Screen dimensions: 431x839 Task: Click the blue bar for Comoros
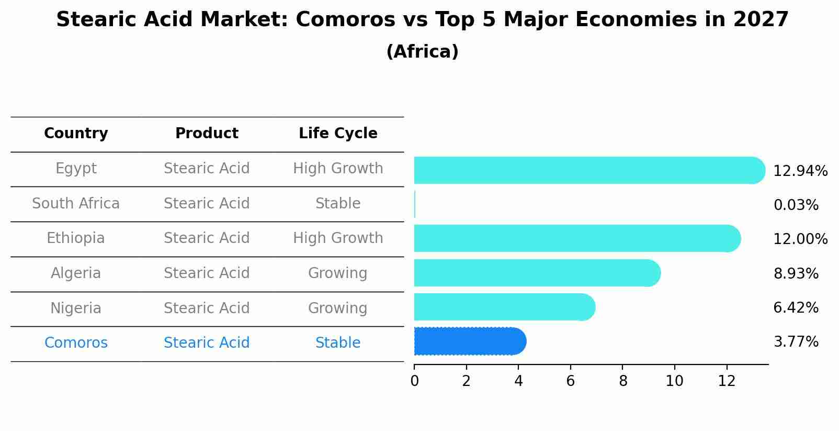pyautogui.click(x=470, y=341)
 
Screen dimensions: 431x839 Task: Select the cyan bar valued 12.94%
pyautogui.click(x=589, y=170)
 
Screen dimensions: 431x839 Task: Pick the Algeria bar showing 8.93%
pyautogui.click(x=537, y=273)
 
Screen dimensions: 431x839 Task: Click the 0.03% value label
pyautogui.click(x=796, y=205)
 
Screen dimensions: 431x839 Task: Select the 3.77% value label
pyautogui.click(x=796, y=342)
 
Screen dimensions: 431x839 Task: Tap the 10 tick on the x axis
pyautogui.click(x=674, y=381)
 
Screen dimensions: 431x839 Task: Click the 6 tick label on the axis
pyautogui.click(x=570, y=381)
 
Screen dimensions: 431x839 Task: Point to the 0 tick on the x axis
pyautogui.click(x=414, y=381)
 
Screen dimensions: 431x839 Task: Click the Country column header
pyautogui.click(x=76, y=134)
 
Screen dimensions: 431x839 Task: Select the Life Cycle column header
pyautogui.click(x=338, y=134)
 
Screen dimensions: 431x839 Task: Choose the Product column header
pyautogui.click(x=207, y=134)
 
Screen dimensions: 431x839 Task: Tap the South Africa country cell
pyautogui.click(x=76, y=203)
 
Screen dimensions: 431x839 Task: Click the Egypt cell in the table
pyautogui.click(x=76, y=169)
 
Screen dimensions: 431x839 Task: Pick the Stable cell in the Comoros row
pyautogui.click(x=338, y=343)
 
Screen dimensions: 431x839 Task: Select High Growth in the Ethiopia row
pyautogui.click(x=338, y=238)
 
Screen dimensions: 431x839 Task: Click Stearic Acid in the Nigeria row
pyautogui.click(x=207, y=308)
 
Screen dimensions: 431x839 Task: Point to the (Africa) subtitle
pyautogui.click(x=422, y=52)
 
